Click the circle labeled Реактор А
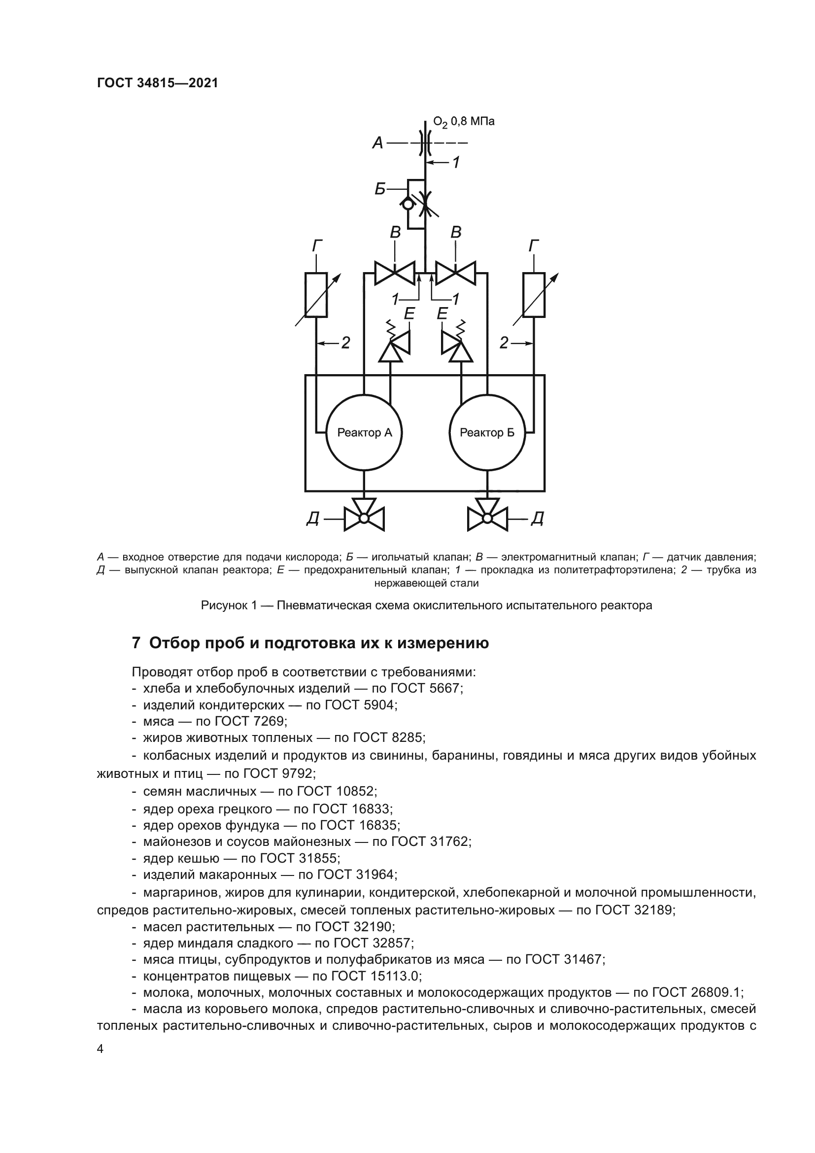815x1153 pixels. [364, 432]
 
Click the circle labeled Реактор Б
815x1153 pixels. [487, 432]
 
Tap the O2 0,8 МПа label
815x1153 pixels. [464, 122]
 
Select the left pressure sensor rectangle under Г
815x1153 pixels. [316, 295]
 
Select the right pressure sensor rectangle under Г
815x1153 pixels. [534, 295]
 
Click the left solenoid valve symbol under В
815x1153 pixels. [395, 274]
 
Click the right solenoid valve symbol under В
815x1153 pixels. [455, 274]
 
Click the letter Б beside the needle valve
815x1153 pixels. [380, 189]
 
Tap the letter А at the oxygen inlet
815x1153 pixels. [378, 143]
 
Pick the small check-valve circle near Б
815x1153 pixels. [407, 205]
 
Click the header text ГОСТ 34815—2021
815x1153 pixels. [158, 83]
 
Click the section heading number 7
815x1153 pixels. [136, 643]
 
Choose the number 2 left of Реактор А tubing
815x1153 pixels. [345, 343]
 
